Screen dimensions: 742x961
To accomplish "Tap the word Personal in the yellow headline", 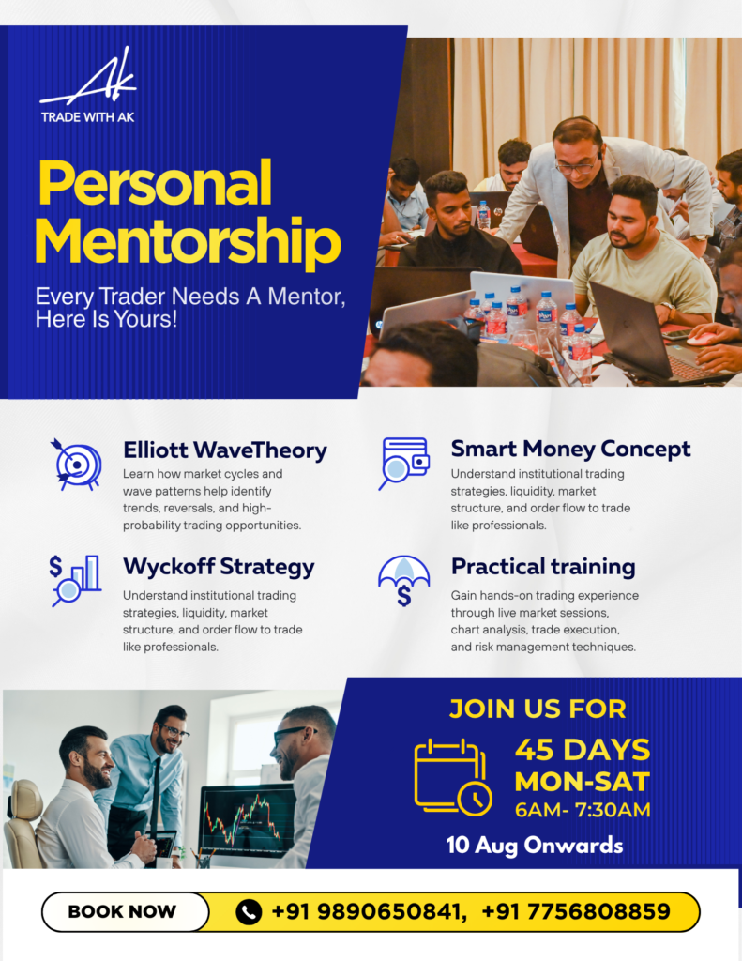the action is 155,183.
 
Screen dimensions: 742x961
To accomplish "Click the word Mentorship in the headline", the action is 188,241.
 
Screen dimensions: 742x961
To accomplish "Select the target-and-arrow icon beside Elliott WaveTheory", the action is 76,464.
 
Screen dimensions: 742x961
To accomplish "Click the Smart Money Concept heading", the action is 570,449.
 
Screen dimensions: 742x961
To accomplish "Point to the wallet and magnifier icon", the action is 403,463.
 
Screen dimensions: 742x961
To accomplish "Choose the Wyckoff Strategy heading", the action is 219,567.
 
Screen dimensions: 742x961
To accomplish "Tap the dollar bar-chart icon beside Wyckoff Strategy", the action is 75,580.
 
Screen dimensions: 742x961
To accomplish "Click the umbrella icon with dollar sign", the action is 403,580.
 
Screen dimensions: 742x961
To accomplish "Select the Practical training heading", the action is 543,567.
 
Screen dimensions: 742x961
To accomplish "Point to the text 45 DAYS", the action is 583,750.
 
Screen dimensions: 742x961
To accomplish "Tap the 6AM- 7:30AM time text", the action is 583,810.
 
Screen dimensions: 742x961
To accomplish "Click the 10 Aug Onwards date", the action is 535,846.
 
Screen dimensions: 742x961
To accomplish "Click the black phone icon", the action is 249,911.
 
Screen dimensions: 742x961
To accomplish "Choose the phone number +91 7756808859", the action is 576,911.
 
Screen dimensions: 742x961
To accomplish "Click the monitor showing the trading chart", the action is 249,820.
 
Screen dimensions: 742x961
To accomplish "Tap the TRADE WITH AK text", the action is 87,117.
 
